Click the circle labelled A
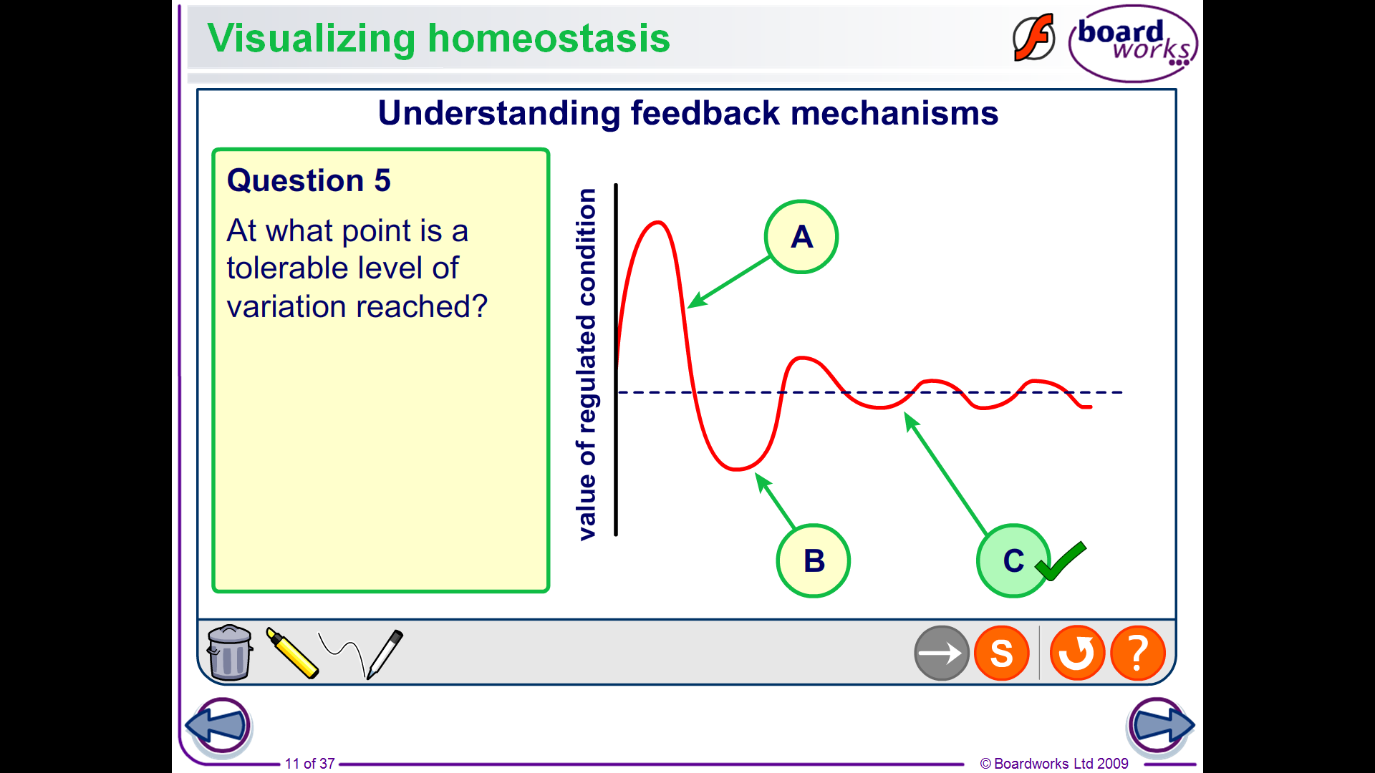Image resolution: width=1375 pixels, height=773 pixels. (801, 237)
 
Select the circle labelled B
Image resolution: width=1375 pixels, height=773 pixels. (814, 561)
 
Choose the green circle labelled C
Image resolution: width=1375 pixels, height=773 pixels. (1013, 561)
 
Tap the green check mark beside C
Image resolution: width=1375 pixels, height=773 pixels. (1061, 560)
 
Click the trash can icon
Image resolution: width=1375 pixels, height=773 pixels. (230, 652)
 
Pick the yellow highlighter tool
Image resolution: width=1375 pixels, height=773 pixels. (292, 653)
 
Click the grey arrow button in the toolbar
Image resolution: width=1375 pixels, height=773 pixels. (942, 653)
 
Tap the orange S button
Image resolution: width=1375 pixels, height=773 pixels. (1002, 653)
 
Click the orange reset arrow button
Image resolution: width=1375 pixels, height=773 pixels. (1077, 653)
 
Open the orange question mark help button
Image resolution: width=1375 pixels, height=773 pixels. (1137, 653)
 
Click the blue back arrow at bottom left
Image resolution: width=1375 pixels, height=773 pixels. (218, 726)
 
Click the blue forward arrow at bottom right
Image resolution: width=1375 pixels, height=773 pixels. (1160, 726)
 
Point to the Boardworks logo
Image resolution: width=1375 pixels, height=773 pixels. (1133, 44)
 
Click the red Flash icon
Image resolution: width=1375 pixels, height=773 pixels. (1033, 37)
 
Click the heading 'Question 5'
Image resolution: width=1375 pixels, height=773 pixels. (309, 180)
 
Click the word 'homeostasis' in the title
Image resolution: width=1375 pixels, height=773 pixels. (549, 38)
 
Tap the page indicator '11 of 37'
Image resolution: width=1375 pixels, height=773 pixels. (310, 764)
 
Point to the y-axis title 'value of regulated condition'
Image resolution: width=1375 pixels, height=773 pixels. (587, 364)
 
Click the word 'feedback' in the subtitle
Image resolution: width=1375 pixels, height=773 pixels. (705, 113)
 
